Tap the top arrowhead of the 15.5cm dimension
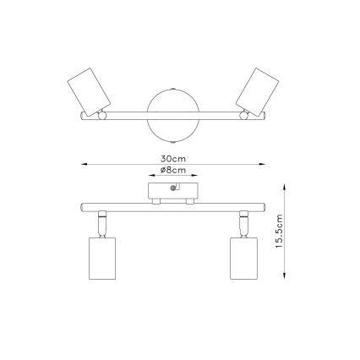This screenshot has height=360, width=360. (x=286, y=185)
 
